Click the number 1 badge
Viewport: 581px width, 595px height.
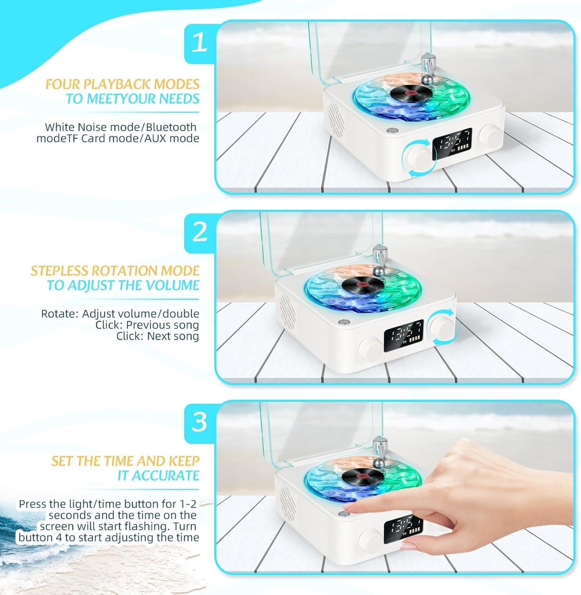199,42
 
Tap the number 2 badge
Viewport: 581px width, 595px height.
199,232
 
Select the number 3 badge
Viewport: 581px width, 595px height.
199,422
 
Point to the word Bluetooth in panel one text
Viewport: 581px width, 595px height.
171,127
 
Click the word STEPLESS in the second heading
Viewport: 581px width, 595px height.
59,271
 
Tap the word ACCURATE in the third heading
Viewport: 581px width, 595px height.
165,475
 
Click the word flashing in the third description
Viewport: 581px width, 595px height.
154,526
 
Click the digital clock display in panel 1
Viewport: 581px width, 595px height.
452,143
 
